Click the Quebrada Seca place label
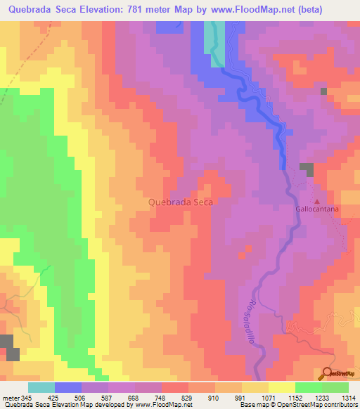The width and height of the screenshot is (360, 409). pos(181,202)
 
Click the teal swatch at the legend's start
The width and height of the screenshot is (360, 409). pos(41,387)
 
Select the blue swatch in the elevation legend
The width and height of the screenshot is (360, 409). pos(68,387)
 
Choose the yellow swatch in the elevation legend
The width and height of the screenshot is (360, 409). pos(281,387)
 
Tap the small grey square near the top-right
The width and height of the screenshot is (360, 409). pos(323,91)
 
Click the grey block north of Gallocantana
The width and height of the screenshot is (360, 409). pos(307,169)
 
